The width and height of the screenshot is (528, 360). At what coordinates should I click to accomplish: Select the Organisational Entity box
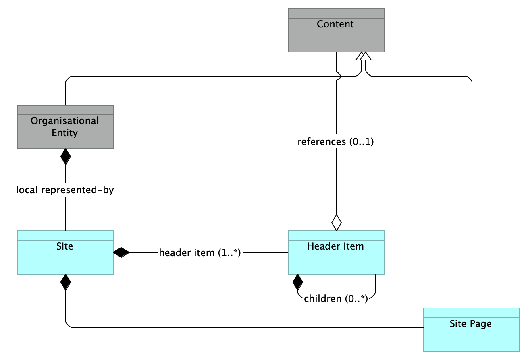[65, 127]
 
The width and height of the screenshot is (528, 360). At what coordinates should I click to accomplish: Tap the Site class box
[65, 252]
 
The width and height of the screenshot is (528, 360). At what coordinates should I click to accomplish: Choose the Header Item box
[336, 252]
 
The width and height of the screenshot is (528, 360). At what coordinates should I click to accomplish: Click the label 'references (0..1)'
[336, 142]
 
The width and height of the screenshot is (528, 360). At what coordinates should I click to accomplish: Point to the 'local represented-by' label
[65, 190]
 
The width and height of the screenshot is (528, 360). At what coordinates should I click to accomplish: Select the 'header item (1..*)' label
[200, 252]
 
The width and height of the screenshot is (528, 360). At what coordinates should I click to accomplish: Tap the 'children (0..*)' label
[336, 299]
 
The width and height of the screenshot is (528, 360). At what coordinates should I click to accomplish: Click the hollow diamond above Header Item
[336, 222]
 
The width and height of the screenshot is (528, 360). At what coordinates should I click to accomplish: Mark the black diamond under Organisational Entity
[65, 157]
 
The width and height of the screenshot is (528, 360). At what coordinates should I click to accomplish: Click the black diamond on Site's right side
[121, 252]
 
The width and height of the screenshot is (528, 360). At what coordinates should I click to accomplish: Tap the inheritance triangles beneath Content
[363, 56]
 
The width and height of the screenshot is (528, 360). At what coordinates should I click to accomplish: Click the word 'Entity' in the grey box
[64, 133]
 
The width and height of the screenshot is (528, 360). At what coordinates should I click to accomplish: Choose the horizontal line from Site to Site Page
[242, 327]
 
